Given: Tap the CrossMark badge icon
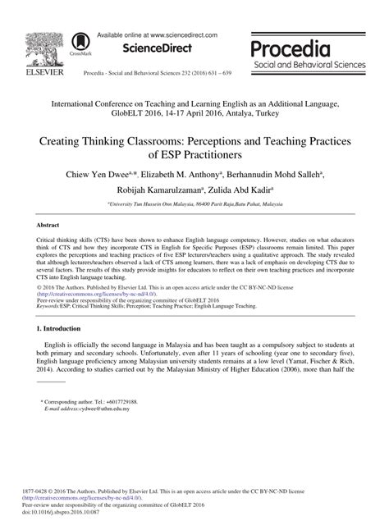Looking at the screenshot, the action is click(x=81, y=42).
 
